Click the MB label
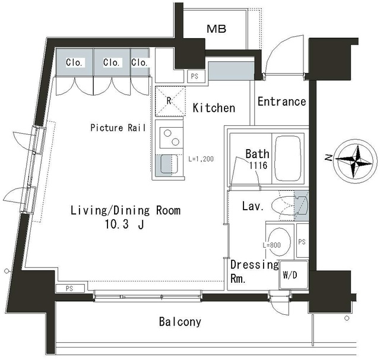(x=216, y=29)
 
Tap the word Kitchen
(x=214, y=108)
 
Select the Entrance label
(x=282, y=102)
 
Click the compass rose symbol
(x=355, y=161)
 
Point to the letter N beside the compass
(x=328, y=158)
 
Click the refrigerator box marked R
(x=170, y=101)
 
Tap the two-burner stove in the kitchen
(x=172, y=137)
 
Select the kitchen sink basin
(x=169, y=165)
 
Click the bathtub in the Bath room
(x=288, y=158)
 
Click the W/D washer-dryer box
(x=294, y=275)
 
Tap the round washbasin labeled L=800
(x=280, y=242)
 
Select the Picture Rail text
(x=118, y=128)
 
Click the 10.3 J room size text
(x=124, y=224)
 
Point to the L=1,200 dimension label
(x=201, y=159)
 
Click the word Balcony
(x=180, y=322)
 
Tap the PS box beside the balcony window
(x=70, y=289)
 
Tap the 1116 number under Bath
(x=258, y=165)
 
